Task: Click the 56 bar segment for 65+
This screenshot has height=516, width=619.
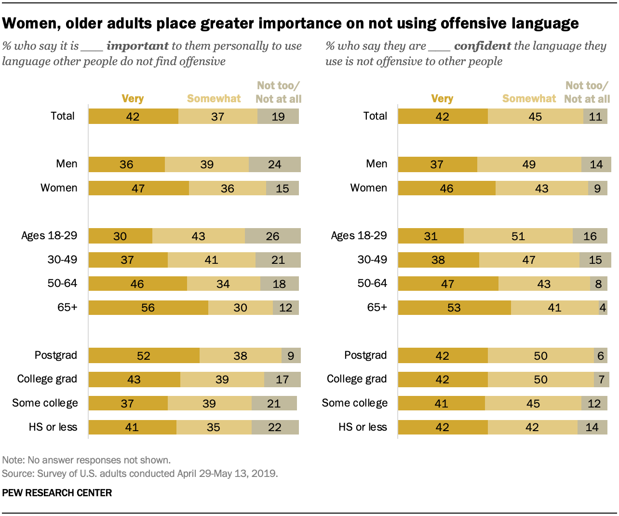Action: tap(148, 308)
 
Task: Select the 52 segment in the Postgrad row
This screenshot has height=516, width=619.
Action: tap(144, 355)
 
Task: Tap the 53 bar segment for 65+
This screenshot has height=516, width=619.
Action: tap(454, 308)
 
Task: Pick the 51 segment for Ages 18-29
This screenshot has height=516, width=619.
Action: tap(518, 236)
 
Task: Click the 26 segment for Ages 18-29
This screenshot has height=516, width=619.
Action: tap(273, 236)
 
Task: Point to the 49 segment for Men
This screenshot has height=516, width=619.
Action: tap(529, 164)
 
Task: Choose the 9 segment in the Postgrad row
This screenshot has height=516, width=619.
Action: tap(291, 355)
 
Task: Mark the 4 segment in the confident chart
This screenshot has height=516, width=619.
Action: tap(603, 308)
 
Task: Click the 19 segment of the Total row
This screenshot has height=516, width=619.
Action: tap(278, 116)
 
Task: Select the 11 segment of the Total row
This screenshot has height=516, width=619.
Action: tap(595, 116)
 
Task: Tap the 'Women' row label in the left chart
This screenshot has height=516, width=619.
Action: tap(59, 188)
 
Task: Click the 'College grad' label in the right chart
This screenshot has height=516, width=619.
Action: tap(357, 379)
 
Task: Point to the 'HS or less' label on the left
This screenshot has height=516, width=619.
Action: tap(53, 427)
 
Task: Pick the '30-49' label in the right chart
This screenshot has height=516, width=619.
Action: tap(372, 259)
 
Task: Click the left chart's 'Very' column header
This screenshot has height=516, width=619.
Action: tap(133, 98)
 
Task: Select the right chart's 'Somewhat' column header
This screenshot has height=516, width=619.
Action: tap(529, 98)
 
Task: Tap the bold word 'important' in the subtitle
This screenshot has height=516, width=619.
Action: tap(137, 46)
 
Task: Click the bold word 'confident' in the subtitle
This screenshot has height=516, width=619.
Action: tap(483, 46)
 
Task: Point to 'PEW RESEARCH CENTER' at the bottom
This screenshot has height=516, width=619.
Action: tap(57, 493)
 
